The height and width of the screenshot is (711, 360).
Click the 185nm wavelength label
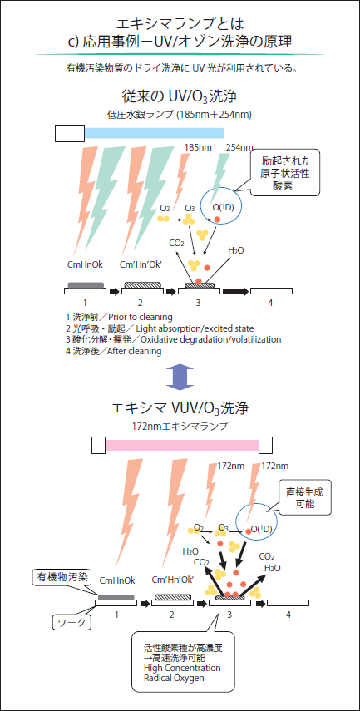point(197,147)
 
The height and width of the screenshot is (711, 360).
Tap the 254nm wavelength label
point(239,147)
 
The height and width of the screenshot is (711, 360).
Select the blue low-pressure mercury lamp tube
point(154,133)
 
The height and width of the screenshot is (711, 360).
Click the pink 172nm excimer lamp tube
point(182,445)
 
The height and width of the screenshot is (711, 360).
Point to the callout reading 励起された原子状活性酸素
point(286,172)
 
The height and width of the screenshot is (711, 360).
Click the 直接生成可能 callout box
point(304,498)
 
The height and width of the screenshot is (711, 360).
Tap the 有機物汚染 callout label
point(60,577)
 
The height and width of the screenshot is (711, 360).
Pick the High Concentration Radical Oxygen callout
point(182,661)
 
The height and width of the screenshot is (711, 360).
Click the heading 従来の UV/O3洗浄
point(180,96)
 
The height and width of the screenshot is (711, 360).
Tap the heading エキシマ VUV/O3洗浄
point(180,407)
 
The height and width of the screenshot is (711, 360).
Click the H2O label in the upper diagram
point(236,250)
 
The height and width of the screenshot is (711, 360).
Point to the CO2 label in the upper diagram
point(176,243)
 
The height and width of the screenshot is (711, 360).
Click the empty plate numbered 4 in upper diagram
point(271,291)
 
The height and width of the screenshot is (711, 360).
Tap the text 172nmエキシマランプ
point(180,427)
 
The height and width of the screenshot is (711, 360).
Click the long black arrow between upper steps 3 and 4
point(235,291)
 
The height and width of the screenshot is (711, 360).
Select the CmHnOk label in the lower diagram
point(117,580)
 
